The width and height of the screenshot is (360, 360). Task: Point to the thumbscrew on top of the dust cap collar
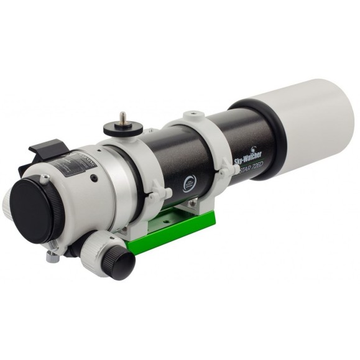point(45,179)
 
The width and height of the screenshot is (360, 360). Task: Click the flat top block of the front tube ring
point(194,116)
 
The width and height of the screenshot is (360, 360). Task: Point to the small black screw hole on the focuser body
point(93,177)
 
